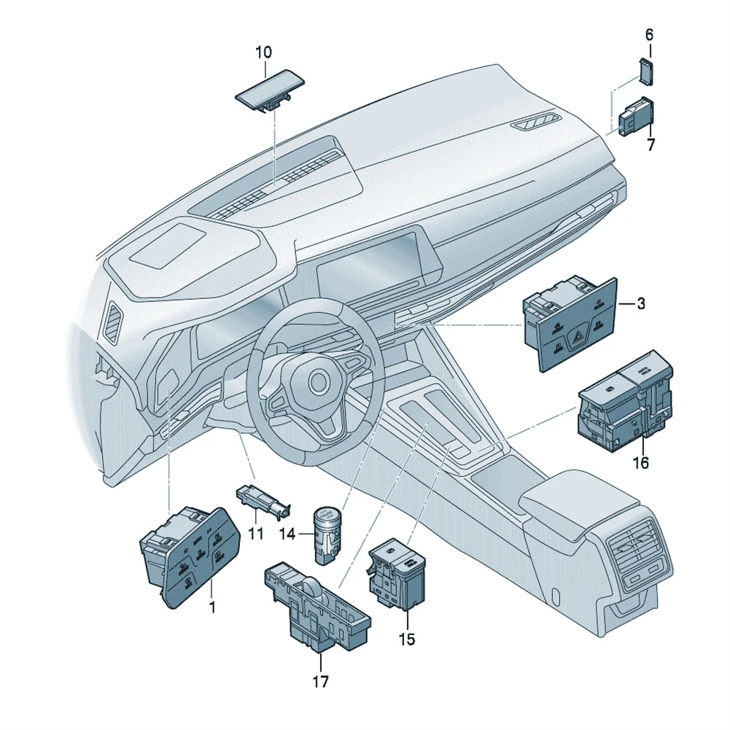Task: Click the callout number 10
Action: tap(263, 52)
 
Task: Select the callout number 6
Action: tap(649, 34)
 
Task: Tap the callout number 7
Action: tap(651, 144)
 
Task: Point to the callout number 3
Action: tap(640, 303)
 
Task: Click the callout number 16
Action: tap(640, 462)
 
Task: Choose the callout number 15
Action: tap(406, 640)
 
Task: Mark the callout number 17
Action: tap(320, 682)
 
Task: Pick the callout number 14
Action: tap(287, 534)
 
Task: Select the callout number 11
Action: tap(255, 534)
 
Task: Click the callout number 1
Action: tap(212, 606)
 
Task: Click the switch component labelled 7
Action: tap(635, 117)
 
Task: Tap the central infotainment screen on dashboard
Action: tap(372, 266)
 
